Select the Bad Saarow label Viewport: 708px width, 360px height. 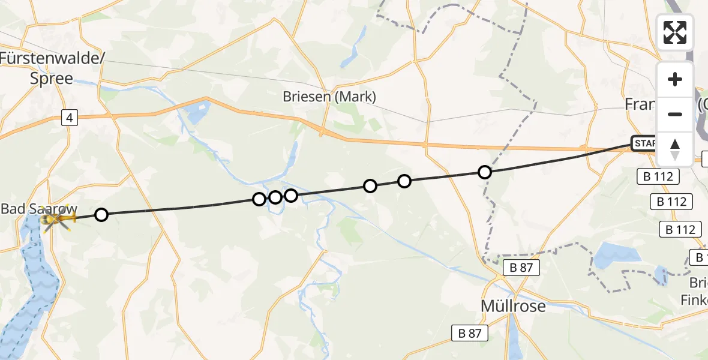[39, 209]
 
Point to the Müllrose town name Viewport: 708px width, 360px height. [513, 306]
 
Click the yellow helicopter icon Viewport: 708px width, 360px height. [56, 221]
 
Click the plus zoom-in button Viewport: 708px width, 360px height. [675, 79]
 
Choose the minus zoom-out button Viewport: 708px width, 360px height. [675, 114]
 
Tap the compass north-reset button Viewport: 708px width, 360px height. [675, 149]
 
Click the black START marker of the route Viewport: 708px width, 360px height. [644, 143]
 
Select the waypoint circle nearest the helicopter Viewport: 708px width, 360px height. [101, 214]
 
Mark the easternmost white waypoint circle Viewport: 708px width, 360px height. [484, 172]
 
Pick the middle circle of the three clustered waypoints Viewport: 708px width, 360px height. [275, 197]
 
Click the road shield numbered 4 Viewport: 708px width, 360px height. [70, 119]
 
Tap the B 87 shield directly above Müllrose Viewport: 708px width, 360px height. [521, 268]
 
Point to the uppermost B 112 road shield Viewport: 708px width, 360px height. [658, 176]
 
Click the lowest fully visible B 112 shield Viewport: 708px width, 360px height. [681, 229]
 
